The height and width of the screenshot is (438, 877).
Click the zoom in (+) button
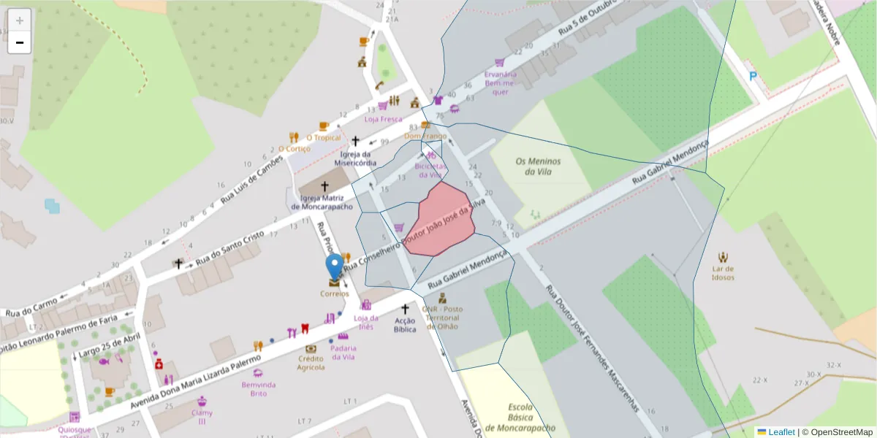(x=20, y=20)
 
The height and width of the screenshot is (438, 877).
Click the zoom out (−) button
(x=20, y=42)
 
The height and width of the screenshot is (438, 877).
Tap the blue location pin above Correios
(x=334, y=268)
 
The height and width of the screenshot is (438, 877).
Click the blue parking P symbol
(x=753, y=76)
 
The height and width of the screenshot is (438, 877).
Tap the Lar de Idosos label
(x=723, y=273)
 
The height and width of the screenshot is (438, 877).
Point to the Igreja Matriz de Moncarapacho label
(x=324, y=202)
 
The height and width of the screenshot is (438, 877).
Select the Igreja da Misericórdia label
(x=356, y=158)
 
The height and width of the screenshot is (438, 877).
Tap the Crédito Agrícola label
(x=311, y=363)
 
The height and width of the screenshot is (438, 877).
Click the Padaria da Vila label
(x=343, y=353)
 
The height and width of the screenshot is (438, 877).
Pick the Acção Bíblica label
(x=405, y=325)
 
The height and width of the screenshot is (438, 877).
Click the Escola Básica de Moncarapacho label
(x=520, y=418)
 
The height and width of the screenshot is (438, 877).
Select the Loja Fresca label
(x=383, y=119)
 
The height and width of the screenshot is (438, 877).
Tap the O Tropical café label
(x=324, y=137)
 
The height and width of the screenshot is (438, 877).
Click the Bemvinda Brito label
(x=259, y=389)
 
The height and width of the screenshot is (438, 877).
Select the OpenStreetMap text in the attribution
(x=841, y=432)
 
